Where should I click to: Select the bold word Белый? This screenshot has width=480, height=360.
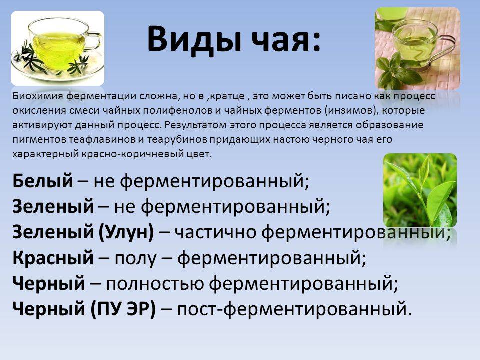pos(43,181)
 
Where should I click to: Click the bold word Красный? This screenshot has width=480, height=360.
pos(53,258)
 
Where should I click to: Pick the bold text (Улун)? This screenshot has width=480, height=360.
pos(126,232)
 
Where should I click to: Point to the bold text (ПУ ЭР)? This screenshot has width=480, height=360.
pos(123,309)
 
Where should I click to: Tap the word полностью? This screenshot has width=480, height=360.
pos(155,284)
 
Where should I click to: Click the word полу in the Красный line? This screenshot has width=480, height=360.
pos(135,258)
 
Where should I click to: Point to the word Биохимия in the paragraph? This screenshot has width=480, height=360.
pos(38,96)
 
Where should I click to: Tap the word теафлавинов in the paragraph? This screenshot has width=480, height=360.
pos(102,139)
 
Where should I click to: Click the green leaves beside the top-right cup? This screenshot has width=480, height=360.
pos(395,72)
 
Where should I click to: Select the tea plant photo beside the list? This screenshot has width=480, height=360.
pos(420,190)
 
